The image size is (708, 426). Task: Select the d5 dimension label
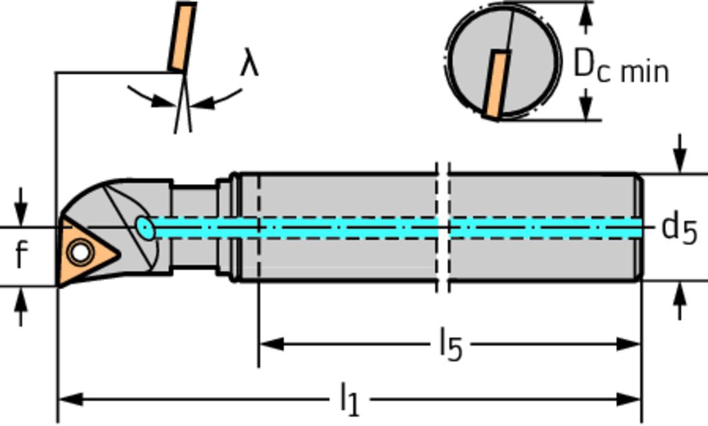678,228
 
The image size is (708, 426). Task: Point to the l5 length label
450,344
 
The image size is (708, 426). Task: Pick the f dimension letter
21,255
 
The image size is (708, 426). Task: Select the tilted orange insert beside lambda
182,36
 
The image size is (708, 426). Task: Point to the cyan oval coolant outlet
145,228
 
